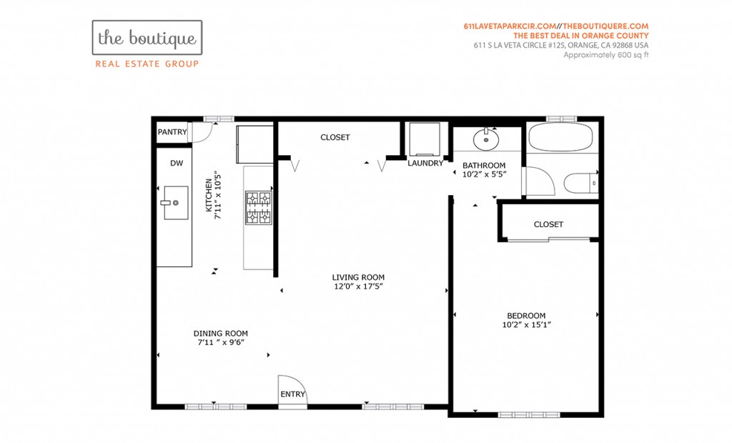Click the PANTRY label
pos(172,132)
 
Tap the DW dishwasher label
pos(177,163)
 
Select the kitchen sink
pos(176,203)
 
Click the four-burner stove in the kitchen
pos(259,208)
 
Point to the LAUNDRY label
pos(425,163)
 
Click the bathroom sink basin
pos(486,138)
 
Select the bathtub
pos(560,136)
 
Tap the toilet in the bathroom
pos(581,182)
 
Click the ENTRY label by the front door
pos(292,394)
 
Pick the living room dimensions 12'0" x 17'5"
pos(359,287)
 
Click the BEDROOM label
pos(526,316)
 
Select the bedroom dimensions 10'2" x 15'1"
pos(527,325)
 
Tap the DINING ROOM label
pos(221,333)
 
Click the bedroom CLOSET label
pos(548,224)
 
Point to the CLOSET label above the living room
pos(335,137)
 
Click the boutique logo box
pos(147,37)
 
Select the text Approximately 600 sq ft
pos(606,55)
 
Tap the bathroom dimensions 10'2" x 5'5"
pos(484,174)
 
